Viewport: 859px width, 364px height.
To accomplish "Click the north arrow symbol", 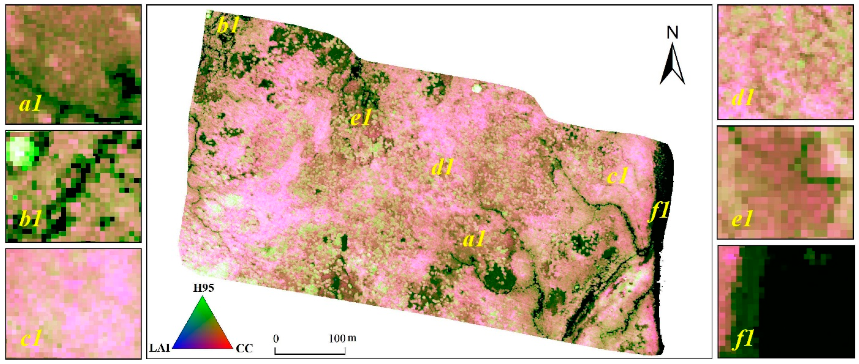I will (672, 65).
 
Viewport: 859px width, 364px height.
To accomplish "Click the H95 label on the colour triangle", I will (203, 288).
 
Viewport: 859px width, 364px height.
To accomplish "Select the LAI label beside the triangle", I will (160, 349).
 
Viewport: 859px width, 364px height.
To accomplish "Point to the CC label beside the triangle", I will (244, 349).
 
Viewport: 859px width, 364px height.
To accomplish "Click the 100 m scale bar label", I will (342, 339).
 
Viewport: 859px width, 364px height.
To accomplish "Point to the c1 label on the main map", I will (617, 176).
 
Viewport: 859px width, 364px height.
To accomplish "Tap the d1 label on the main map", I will (442, 167).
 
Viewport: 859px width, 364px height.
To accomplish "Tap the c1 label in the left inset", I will (31, 338).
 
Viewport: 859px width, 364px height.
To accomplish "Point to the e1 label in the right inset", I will (742, 219).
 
